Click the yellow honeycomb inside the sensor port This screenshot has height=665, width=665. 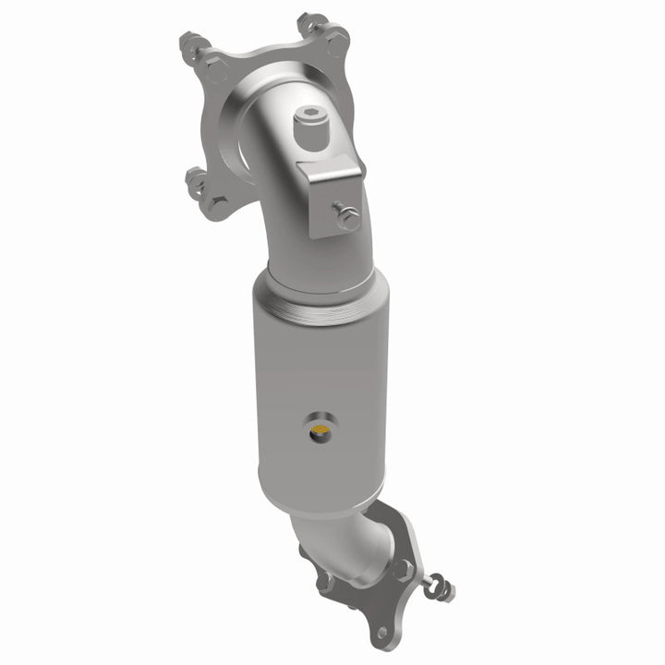tap(319, 429)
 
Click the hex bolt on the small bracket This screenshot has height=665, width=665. tap(349, 219)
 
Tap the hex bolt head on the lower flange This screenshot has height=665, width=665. tap(403, 570)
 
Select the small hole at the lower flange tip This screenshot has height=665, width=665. tap(381, 633)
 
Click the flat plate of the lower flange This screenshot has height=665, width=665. tap(379, 600)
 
